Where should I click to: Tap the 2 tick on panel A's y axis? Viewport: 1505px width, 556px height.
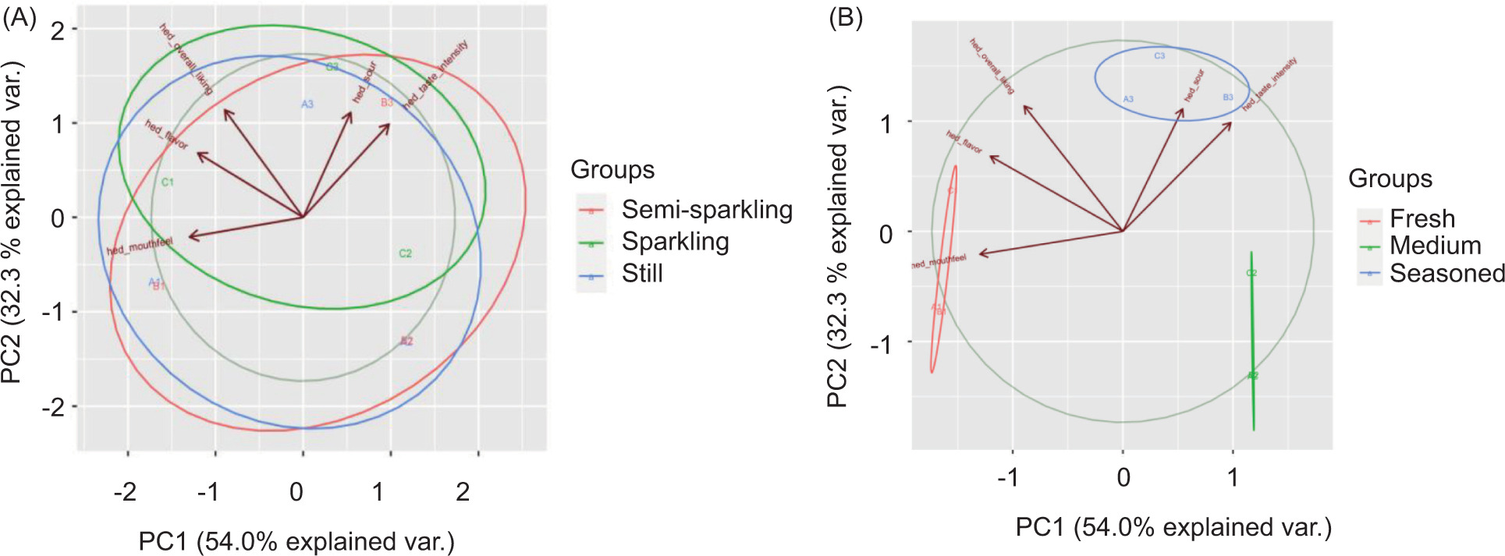(57, 30)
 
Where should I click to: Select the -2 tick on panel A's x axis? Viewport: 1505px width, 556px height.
(125, 492)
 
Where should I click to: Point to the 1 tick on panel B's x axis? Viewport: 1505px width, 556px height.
(1233, 477)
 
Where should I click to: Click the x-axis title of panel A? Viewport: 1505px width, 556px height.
(296, 541)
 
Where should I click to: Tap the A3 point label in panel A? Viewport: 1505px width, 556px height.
(307, 104)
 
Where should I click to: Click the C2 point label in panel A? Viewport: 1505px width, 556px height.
(405, 253)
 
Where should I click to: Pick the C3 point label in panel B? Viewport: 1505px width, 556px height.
(1159, 56)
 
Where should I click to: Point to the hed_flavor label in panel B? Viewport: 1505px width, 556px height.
(964, 142)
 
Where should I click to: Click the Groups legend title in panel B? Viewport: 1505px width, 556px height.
(1390, 179)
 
